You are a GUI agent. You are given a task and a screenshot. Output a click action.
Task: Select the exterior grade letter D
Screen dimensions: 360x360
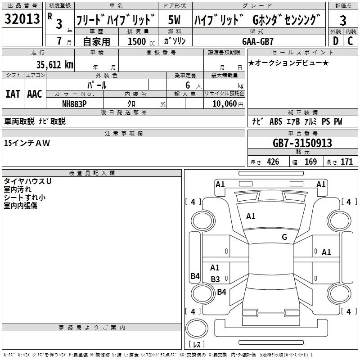335,41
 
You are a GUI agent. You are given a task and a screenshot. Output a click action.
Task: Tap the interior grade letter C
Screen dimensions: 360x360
350,41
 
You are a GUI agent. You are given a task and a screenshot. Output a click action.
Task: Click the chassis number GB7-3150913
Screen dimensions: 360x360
302,143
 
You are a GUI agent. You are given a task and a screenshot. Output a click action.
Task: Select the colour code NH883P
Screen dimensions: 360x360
74,103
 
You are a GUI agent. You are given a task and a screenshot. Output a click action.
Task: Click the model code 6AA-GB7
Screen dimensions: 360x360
258,41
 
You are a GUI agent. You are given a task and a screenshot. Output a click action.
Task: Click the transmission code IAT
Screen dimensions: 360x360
13,94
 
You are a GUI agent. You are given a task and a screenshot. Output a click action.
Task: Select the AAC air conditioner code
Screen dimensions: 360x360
35,94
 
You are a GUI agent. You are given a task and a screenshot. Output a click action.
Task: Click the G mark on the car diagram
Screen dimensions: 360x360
284,237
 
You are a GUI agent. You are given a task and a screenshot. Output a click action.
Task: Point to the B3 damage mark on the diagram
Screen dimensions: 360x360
215,279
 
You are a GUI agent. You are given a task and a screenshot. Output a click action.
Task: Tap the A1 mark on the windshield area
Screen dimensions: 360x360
251,216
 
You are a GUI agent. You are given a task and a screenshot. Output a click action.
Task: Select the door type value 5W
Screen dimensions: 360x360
174,20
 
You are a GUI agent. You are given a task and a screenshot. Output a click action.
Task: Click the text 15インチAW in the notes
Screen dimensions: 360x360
27,143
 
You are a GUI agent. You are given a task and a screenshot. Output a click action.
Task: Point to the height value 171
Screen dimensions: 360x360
346,162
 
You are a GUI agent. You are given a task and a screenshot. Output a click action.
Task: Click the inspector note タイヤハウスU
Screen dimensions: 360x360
27,181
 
